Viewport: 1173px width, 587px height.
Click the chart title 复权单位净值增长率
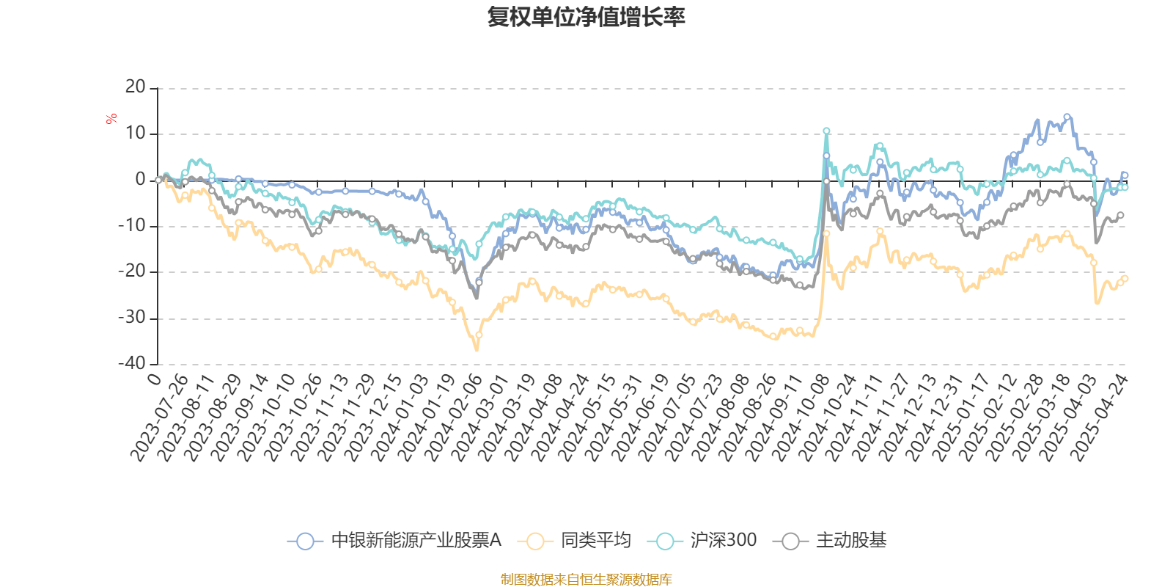(x=586, y=17)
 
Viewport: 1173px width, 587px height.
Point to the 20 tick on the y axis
(x=136, y=87)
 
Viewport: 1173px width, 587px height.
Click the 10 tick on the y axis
(x=136, y=134)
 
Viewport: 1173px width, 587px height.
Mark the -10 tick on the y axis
(x=132, y=225)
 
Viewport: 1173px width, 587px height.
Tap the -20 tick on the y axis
(x=132, y=271)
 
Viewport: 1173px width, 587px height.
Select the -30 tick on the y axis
(x=132, y=318)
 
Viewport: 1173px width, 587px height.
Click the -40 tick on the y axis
(x=132, y=363)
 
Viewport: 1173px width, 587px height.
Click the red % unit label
(x=111, y=118)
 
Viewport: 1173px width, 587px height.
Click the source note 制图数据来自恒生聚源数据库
(x=586, y=580)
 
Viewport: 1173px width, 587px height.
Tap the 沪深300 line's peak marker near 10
(x=826, y=131)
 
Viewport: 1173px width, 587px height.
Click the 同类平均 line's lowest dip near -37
(x=477, y=350)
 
